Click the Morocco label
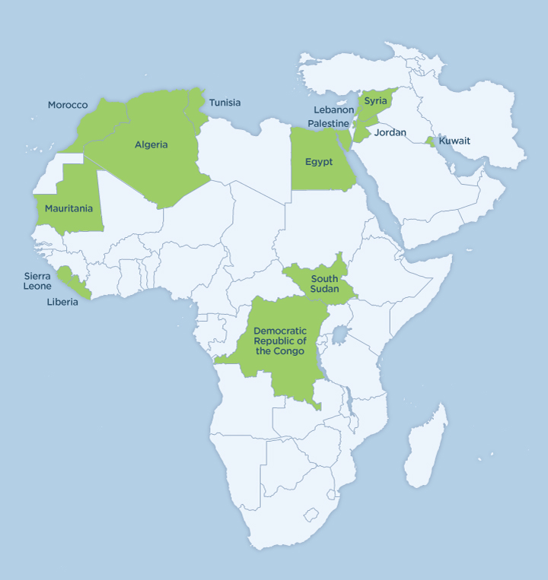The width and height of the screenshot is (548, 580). (x=68, y=105)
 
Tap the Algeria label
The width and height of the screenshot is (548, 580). (x=151, y=144)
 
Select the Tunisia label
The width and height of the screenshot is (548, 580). (x=225, y=103)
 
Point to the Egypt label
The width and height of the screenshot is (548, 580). (x=319, y=162)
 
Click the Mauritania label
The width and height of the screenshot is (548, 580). (x=68, y=208)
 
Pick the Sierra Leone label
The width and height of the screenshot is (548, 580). (x=37, y=281)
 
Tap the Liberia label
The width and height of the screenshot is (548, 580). (x=62, y=302)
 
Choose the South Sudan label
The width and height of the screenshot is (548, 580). (x=324, y=284)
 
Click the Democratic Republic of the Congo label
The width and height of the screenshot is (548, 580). (x=280, y=341)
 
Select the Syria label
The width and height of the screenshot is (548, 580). (x=375, y=101)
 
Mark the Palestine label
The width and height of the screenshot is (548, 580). (x=329, y=123)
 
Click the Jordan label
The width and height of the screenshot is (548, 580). (x=390, y=133)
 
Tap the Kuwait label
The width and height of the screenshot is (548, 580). (x=454, y=141)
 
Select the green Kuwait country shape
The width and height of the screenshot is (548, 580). (x=431, y=141)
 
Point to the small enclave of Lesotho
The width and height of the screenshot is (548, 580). (x=311, y=515)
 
